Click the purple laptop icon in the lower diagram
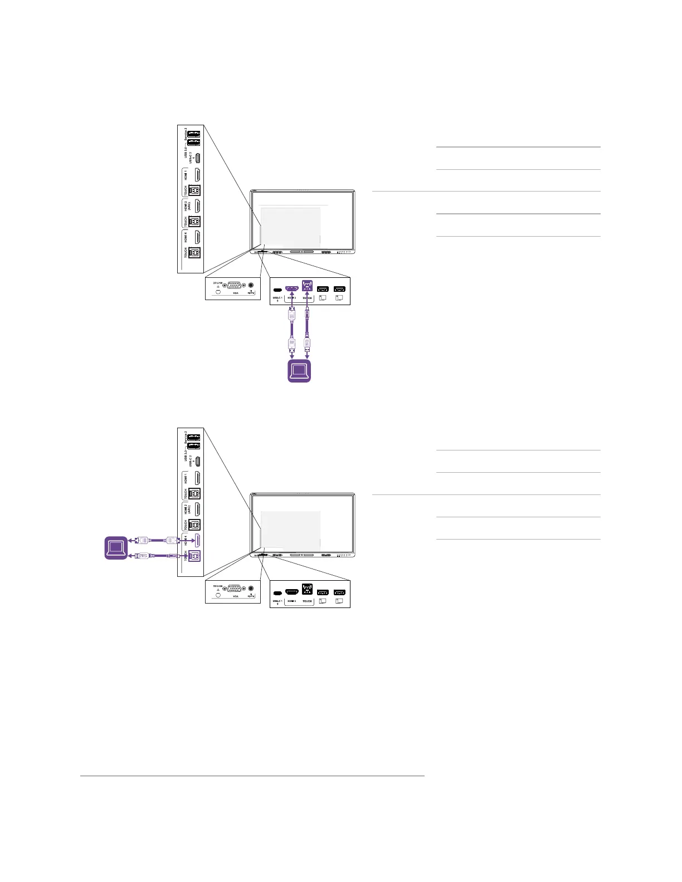(116, 547)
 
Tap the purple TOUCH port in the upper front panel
(307, 286)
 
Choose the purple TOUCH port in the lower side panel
(194, 556)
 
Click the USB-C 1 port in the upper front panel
(277, 290)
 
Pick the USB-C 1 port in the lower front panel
(277, 593)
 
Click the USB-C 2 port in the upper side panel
(198, 156)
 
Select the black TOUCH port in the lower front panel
(307, 590)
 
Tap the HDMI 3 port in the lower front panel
(292, 592)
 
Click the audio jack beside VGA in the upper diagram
(251, 284)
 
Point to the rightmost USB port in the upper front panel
(339, 289)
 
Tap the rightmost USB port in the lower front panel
(339, 592)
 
